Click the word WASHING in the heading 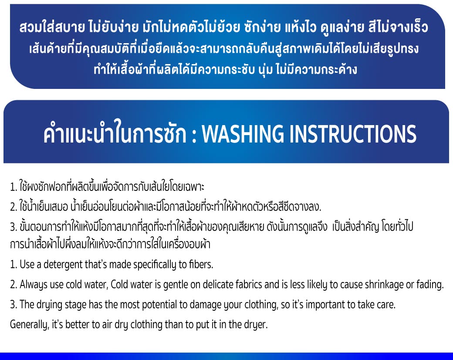pos(243,134)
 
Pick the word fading pos(430,285)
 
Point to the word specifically pos(155,265)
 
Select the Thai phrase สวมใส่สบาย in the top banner pos(52,27)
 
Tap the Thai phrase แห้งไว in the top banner pos(301,27)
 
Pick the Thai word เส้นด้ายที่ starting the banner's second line pos(51,48)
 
